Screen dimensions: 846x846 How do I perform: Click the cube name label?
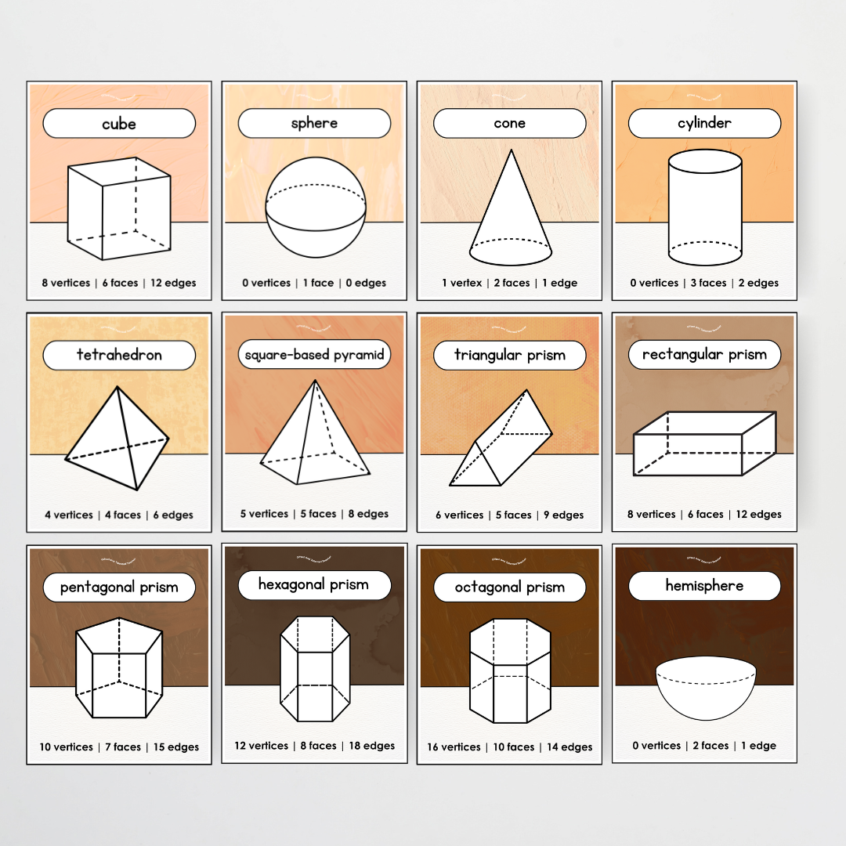pos(118,124)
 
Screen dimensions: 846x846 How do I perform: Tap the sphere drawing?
pos(315,208)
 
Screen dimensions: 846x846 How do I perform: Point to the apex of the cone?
pos(511,150)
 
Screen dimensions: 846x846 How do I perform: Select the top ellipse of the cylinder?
pos(704,162)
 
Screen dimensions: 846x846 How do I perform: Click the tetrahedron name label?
pos(118,355)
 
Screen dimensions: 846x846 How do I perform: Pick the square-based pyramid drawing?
pos(314,435)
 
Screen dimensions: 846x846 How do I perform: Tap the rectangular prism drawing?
pos(703,444)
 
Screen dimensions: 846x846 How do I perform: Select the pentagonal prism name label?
pos(118,587)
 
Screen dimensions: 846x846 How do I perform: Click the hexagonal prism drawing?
pos(315,668)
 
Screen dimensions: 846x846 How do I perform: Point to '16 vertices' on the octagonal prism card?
pos(454,747)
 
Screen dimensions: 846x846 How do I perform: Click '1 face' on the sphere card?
pos(318,283)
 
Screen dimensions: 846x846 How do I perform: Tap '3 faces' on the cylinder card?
pos(705,283)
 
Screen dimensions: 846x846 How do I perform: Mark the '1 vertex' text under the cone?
pos(462,283)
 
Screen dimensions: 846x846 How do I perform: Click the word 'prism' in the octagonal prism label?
pos(545,587)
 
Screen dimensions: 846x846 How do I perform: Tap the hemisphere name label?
pos(704,586)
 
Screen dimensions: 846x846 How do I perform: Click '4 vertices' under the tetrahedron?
pos(68,515)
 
